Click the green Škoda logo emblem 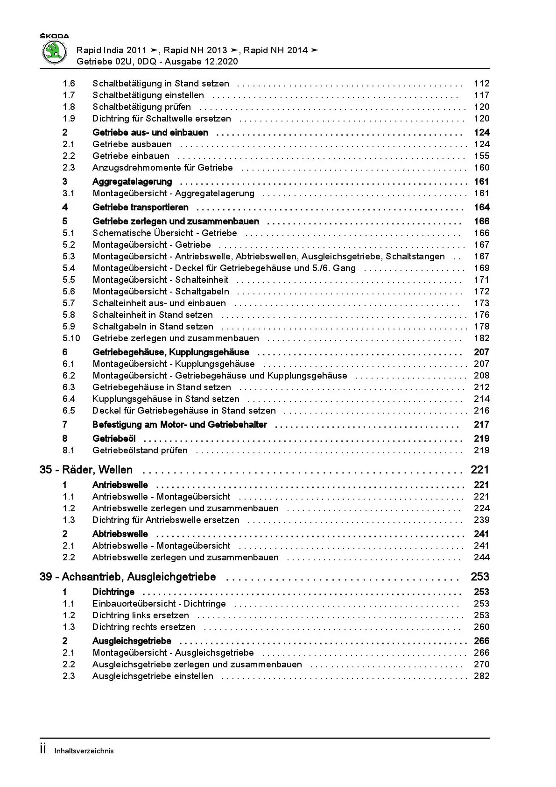tap(55, 52)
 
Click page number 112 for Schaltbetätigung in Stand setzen tap(481, 84)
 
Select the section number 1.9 tap(69, 119)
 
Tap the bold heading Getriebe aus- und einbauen tap(150, 133)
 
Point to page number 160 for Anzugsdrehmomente tap(481, 168)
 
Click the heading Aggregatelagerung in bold tap(132, 182)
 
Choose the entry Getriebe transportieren tap(141, 207)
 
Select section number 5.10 tap(71, 338)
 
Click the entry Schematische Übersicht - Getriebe tap(165, 233)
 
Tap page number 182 tap(481, 338)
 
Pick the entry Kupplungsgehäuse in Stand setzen tap(166, 399)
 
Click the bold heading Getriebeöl tap(114, 439)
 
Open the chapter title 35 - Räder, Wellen tap(86, 470)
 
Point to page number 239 tap(481, 520)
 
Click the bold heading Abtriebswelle tap(120, 534)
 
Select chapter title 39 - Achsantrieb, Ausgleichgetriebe tap(127, 577)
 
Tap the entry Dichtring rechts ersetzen tap(144, 627)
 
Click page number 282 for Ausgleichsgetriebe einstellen tap(481, 676)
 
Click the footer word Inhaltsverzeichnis tap(84, 751)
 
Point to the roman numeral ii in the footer tap(43, 750)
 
